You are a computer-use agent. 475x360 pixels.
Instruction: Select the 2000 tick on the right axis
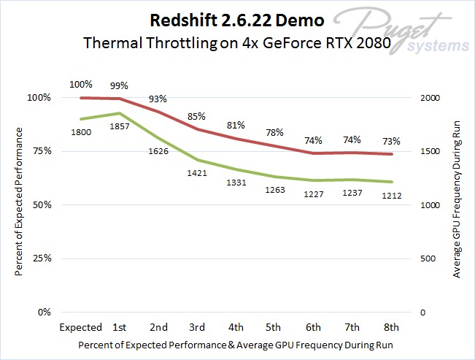[433, 98]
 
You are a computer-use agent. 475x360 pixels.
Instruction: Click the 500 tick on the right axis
[430, 258]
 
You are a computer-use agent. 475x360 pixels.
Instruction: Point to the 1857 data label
[120, 127]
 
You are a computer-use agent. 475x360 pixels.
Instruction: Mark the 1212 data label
[391, 196]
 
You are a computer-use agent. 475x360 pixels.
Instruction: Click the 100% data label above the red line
[81, 84]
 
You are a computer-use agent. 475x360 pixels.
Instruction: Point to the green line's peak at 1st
[120, 113]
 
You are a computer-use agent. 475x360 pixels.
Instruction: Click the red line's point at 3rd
[197, 129]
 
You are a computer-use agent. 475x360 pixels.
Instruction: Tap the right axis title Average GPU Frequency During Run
[457, 200]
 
